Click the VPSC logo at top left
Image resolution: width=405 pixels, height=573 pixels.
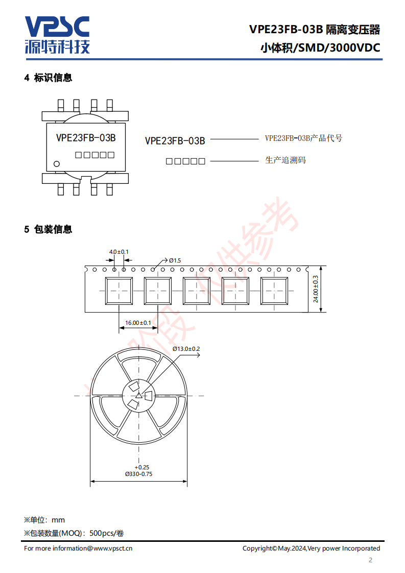coord(57,35)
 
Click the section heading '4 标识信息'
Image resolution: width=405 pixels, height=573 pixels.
coord(48,78)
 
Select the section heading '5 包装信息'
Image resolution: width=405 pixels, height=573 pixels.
coord(48,229)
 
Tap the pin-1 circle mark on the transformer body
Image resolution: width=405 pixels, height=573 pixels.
coord(57,164)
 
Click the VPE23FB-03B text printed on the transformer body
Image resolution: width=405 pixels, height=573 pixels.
coord(86,138)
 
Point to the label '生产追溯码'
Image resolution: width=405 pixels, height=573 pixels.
coord(285,160)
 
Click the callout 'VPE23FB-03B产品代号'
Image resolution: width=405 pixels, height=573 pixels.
coord(304,138)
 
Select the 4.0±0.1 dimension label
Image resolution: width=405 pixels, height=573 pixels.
coord(119,252)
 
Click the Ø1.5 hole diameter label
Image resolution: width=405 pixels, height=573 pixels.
coord(175,260)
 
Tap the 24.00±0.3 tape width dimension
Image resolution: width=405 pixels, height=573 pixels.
coord(316,289)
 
